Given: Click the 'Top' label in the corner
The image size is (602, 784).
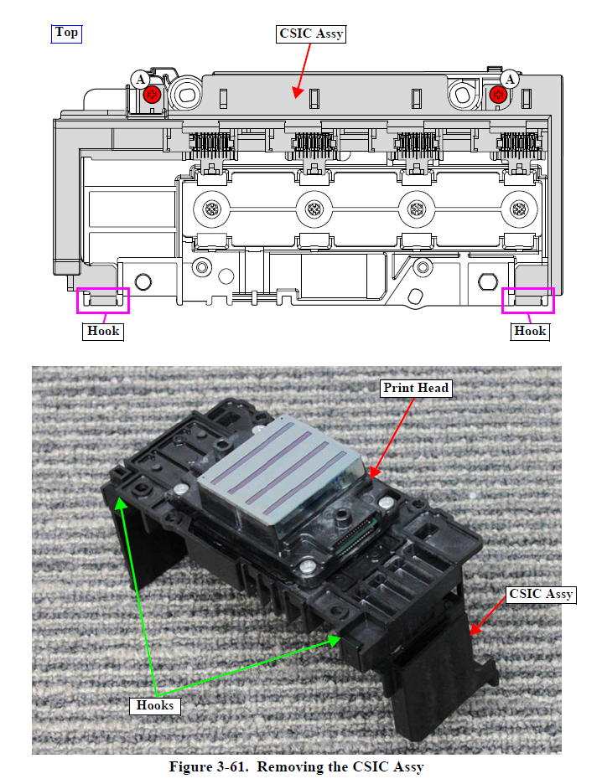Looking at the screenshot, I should coord(66,33).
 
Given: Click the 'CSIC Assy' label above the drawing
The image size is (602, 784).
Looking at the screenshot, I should coord(310,34).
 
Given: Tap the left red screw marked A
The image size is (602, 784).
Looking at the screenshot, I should coord(152,94).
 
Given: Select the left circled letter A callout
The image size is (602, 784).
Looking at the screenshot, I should coord(139,79).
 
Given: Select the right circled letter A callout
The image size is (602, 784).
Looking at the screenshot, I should coord(509,79).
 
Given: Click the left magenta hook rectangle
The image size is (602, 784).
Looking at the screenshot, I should coord(103,300).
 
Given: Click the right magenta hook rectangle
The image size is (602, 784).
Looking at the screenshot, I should coord(528,300).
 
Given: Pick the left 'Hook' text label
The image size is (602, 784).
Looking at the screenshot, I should coord(103,331).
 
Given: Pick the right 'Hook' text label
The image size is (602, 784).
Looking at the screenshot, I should coord(530,331).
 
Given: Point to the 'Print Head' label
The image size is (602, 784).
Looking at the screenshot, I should coord(416,388).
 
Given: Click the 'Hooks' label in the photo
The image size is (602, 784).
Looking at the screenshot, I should coord(155,704).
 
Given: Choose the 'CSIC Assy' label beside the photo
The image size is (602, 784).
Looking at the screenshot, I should coord(541,594).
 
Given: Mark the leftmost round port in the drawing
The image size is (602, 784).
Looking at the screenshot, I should coord(211,208).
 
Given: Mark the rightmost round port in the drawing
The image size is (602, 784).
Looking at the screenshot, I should coord(518,208).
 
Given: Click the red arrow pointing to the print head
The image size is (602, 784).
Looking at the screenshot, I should coord(392,436).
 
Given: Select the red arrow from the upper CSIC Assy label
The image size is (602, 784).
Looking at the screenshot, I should coord(302,67).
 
